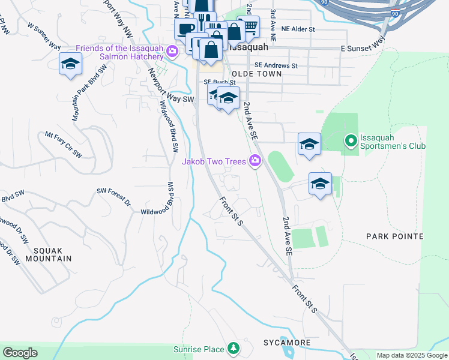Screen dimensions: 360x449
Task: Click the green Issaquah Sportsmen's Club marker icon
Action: click(x=351, y=141)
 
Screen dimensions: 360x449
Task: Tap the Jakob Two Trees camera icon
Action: click(x=255, y=160)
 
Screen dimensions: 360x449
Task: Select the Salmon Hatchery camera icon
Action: click(x=172, y=52)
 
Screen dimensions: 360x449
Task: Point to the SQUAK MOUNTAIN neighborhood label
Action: click(x=44, y=254)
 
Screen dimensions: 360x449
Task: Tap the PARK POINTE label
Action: click(x=395, y=237)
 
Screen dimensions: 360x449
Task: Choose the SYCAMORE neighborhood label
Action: click(x=287, y=343)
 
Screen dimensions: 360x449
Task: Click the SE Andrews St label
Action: click(x=276, y=65)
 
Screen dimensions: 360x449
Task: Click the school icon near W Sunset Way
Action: click(x=70, y=64)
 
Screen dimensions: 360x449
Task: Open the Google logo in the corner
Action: click(x=20, y=353)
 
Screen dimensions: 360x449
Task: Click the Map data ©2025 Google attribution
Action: click(x=412, y=355)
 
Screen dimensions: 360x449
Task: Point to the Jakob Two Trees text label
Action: click(x=214, y=161)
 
